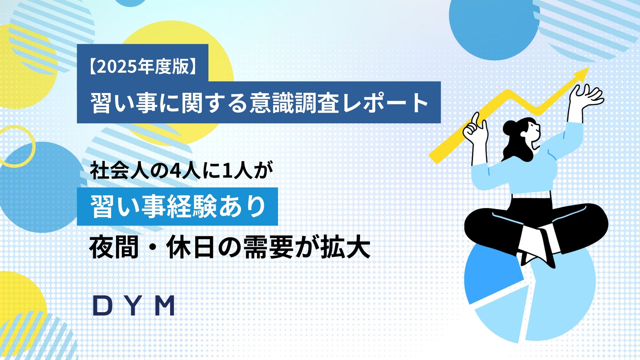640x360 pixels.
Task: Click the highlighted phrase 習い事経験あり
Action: [x=177, y=207]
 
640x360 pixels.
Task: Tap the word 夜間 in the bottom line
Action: [x=114, y=248]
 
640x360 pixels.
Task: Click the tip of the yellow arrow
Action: [x=587, y=70]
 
